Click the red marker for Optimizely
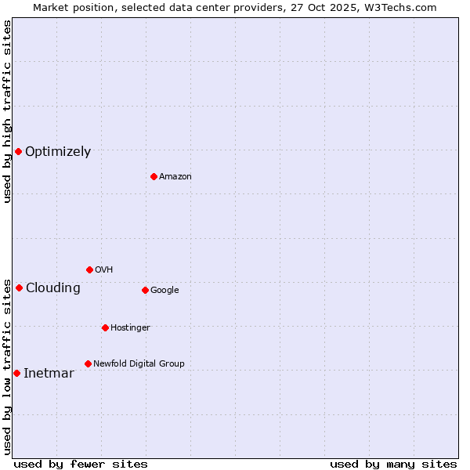tap(18, 151)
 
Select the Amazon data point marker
tap(154, 176)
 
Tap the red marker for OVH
tap(89, 269)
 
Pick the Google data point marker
tap(145, 290)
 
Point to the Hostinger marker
tap(105, 327)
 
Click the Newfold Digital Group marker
tap(88, 363)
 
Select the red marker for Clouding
tap(19, 287)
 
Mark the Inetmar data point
tap(16, 373)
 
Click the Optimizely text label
tap(58, 152)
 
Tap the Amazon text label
tap(175, 177)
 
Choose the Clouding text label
tap(53, 288)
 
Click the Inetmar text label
tap(49, 374)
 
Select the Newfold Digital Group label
tap(139, 363)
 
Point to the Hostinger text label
tap(130, 327)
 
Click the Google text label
tap(164, 291)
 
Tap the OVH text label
tap(103, 270)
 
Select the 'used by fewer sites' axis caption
tap(81, 464)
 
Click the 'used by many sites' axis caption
tap(393, 464)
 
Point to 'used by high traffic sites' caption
tap(7, 111)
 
